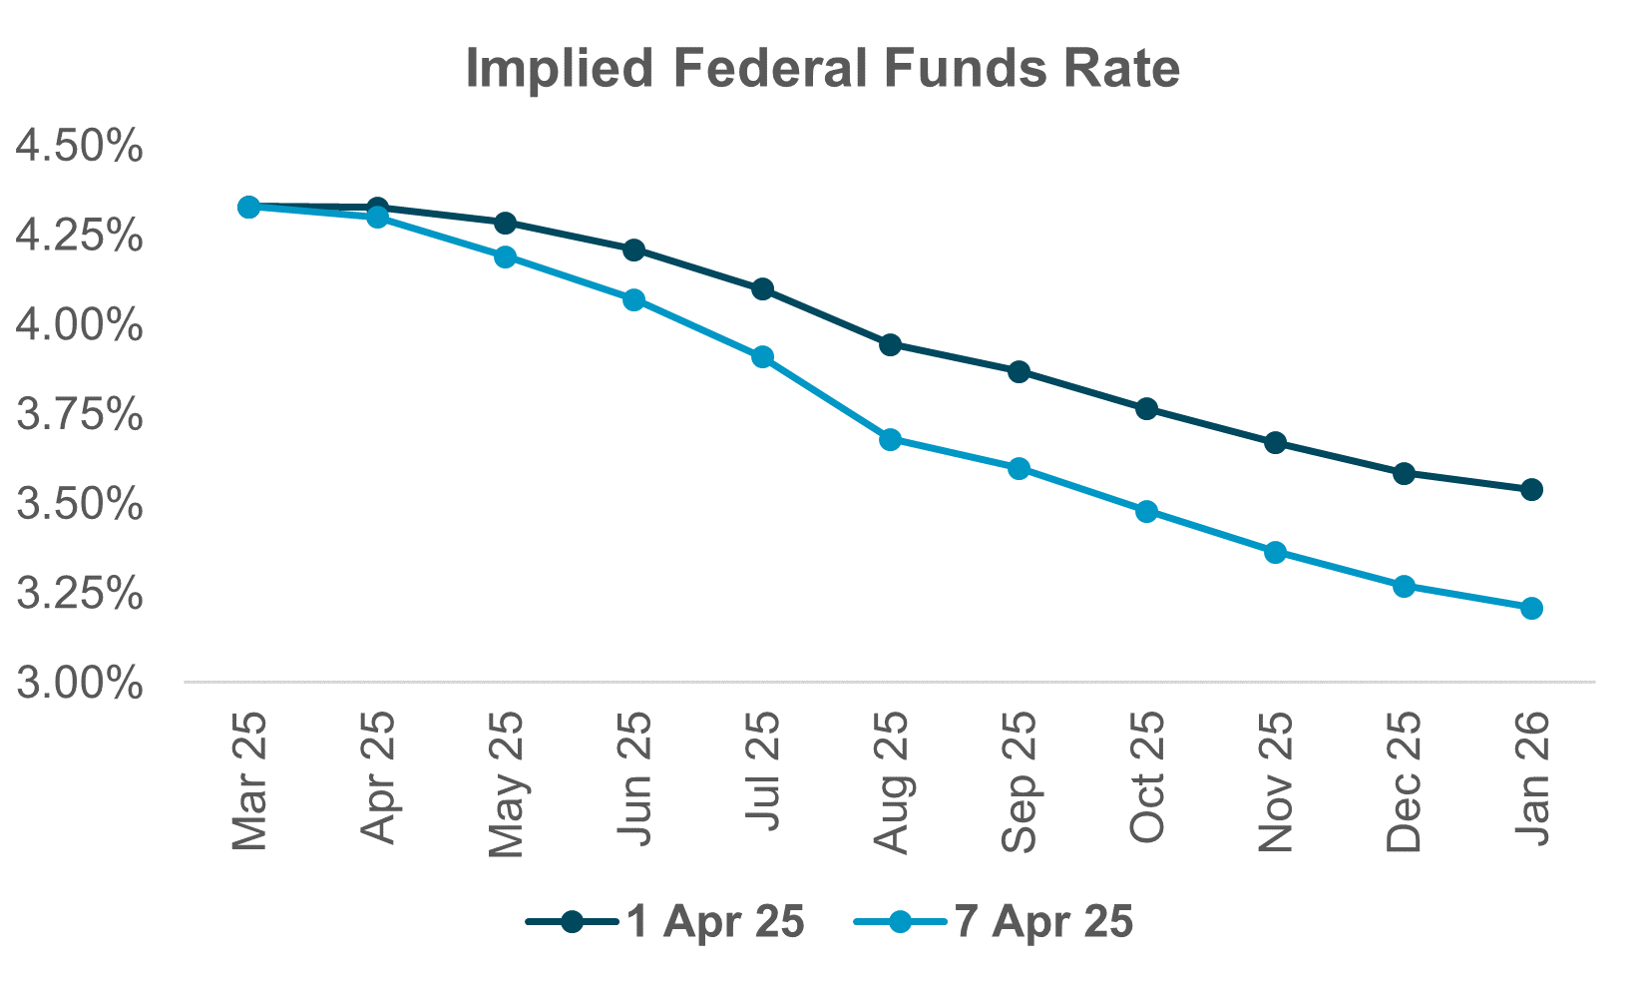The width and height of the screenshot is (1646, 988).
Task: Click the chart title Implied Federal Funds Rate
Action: (x=822, y=70)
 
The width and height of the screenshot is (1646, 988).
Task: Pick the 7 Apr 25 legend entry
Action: (x=995, y=922)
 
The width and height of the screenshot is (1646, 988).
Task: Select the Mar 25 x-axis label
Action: (x=249, y=781)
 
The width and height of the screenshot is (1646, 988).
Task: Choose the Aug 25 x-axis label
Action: (x=891, y=782)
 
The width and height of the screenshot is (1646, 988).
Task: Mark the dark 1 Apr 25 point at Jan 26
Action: (x=1532, y=490)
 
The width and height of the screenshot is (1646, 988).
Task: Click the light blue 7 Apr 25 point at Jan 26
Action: (x=1532, y=609)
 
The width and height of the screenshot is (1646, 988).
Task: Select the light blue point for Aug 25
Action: (x=891, y=439)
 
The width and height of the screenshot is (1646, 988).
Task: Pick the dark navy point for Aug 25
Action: (x=891, y=345)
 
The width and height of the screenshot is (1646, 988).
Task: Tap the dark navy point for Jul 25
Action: (x=763, y=289)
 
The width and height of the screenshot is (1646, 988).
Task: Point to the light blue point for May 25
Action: (x=506, y=257)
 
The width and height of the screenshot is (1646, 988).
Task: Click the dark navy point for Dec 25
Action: (x=1404, y=473)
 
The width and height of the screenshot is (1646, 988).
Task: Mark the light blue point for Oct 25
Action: (x=1147, y=512)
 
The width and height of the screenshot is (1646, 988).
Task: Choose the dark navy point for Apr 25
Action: (x=377, y=208)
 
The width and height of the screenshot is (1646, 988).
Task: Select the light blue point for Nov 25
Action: (x=1276, y=553)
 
